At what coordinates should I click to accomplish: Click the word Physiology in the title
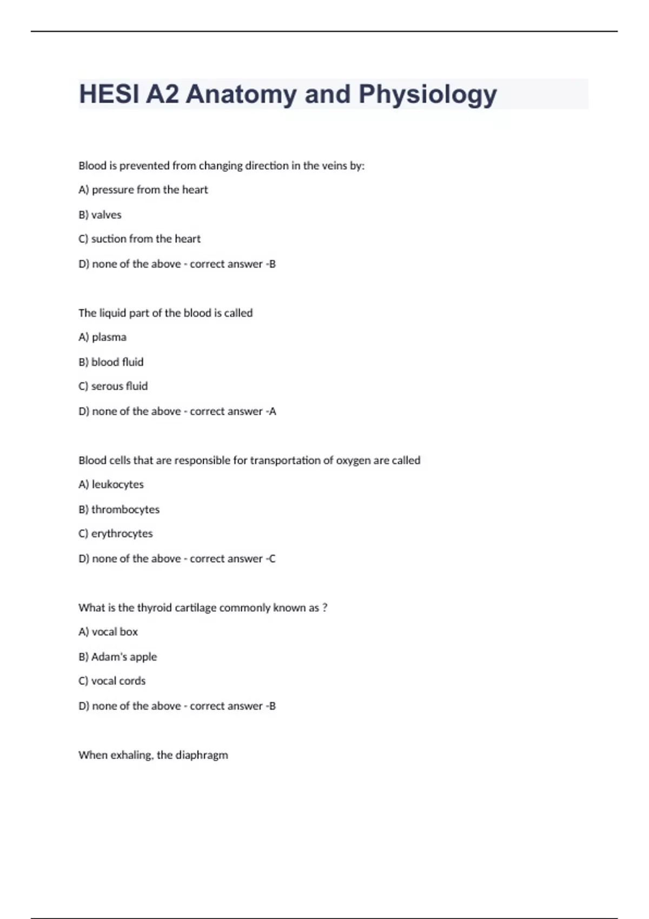tap(427, 95)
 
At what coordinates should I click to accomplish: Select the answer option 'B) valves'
tap(100, 215)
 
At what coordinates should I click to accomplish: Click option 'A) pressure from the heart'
tap(143, 190)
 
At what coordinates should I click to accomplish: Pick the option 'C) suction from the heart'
tap(140, 239)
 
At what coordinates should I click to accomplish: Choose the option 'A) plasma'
tap(103, 337)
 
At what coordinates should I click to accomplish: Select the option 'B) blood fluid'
tap(111, 362)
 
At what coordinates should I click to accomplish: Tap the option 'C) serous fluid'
tap(113, 387)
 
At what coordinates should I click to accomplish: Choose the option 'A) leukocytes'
tap(111, 484)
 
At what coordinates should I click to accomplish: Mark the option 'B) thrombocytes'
tap(119, 509)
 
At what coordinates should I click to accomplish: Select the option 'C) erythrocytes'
tap(116, 534)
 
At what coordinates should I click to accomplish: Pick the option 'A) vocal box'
tap(108, 632)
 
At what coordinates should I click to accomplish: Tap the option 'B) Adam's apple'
tap(118, 657)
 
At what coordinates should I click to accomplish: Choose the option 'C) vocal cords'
tap(112, 681)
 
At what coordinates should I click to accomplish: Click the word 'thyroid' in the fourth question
tap(154, 608)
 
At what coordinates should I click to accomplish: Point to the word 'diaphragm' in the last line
tap(202, 755)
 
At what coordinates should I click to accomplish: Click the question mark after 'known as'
tap(325, 608)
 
